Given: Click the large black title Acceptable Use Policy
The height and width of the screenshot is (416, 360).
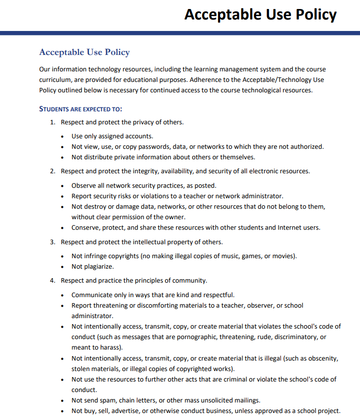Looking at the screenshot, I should point(260,14).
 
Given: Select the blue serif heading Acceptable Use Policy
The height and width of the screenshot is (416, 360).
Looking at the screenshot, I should point(84,52).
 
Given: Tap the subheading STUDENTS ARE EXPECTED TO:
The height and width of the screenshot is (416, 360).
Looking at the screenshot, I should point(80,109).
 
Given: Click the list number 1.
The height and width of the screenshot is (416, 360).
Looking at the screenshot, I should point(52,122).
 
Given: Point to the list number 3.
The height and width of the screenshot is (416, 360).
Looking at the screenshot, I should point(52,242).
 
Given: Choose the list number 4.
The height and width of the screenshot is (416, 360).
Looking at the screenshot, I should point(52,280).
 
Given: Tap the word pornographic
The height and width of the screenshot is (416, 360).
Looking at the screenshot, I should point(206,337).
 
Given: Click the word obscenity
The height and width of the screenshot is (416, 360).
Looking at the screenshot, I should point(321,359).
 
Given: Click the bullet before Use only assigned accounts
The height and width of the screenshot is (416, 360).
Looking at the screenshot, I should point(62,136).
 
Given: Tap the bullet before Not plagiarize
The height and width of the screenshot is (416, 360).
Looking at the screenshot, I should point(62,267).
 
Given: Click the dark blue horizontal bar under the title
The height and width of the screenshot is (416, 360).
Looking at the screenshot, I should point(180,33).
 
